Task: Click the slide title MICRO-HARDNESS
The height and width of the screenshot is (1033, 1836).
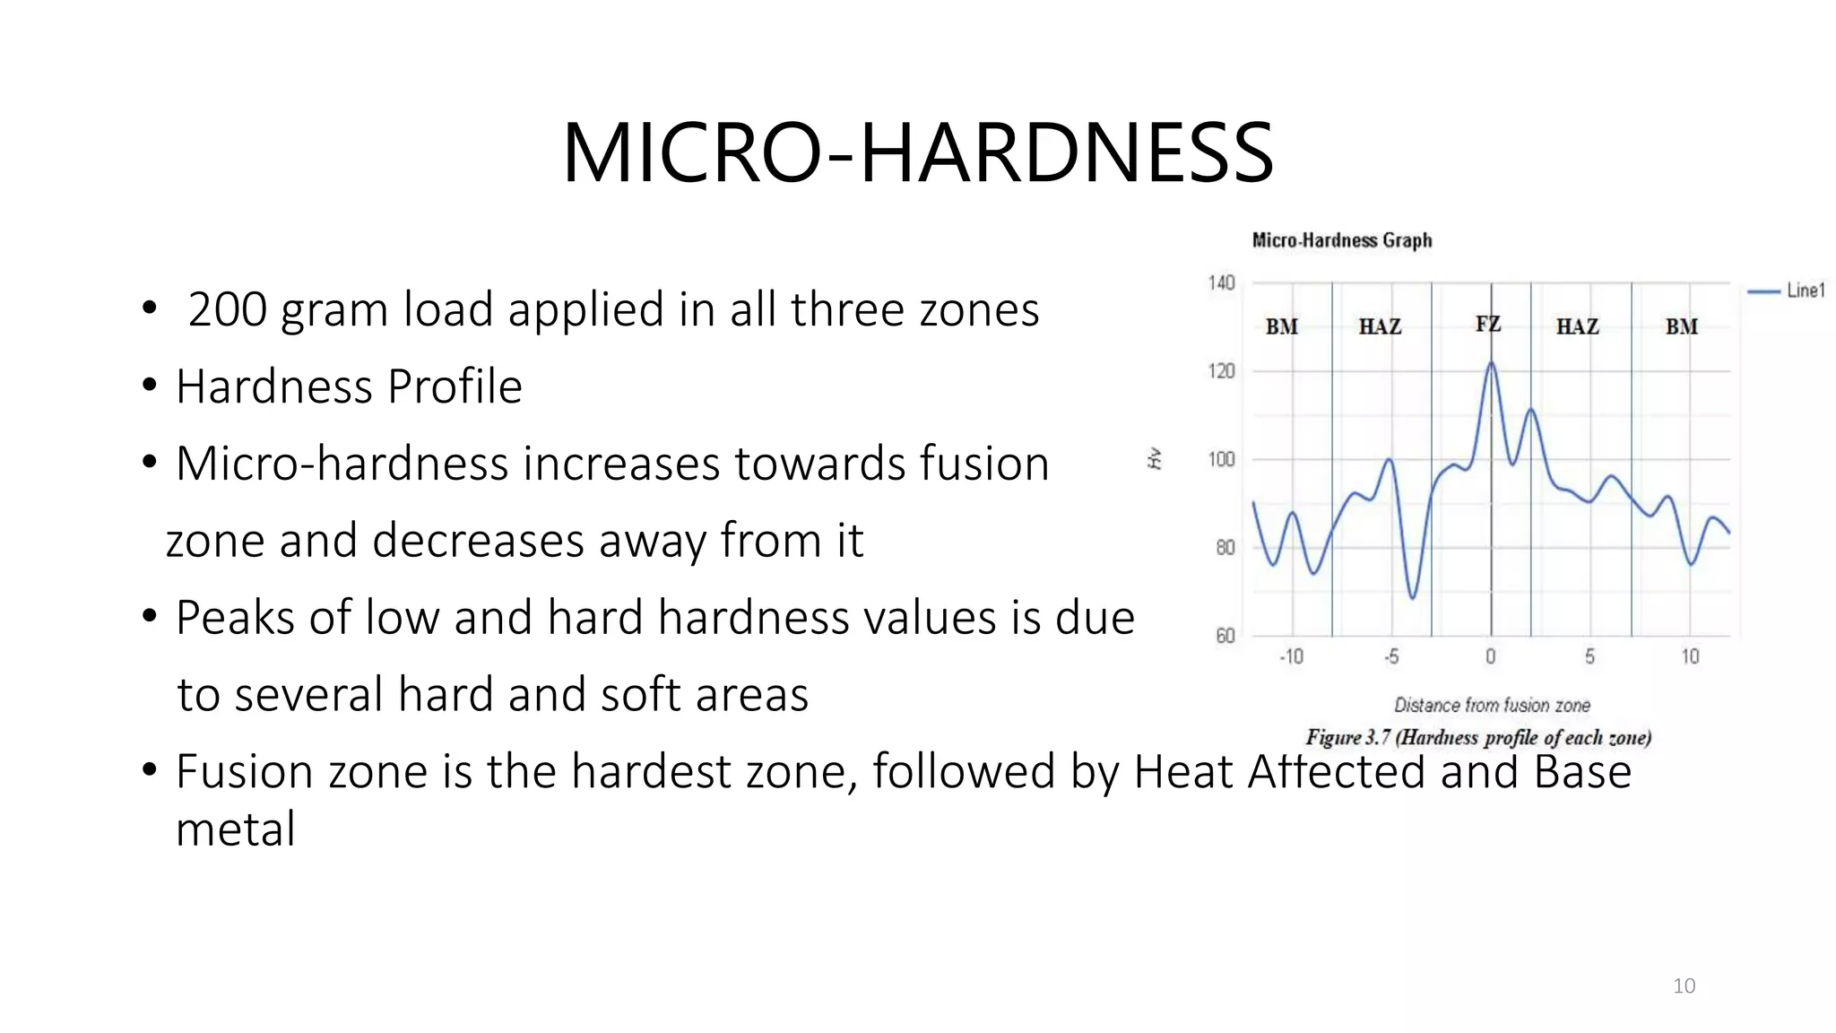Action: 917,153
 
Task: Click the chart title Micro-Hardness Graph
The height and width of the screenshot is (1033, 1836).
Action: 1341,240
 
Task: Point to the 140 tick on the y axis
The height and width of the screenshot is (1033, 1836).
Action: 1221,283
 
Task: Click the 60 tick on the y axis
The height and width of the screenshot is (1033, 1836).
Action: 1225,636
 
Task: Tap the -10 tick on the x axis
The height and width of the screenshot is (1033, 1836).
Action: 1291,657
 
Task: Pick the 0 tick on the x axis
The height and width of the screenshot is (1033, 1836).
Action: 1490,657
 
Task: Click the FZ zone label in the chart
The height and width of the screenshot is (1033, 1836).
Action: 1488,325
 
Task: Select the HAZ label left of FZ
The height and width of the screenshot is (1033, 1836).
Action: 1380,327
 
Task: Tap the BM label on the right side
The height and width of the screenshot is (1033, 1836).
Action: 1681,327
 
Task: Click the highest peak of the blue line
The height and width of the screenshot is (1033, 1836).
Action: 1491,363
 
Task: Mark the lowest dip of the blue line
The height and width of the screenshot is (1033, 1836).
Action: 1413,597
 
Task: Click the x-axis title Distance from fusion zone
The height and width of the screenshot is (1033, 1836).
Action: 1492,706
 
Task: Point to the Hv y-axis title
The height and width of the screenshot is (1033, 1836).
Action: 1156,459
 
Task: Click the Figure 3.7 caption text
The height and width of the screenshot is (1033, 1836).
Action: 1477,738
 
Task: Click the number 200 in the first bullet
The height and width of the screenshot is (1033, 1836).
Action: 227,309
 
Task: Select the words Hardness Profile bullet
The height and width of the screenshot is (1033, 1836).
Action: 349,387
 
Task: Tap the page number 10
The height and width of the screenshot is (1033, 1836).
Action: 1684,986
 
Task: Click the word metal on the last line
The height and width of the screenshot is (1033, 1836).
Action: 235,829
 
